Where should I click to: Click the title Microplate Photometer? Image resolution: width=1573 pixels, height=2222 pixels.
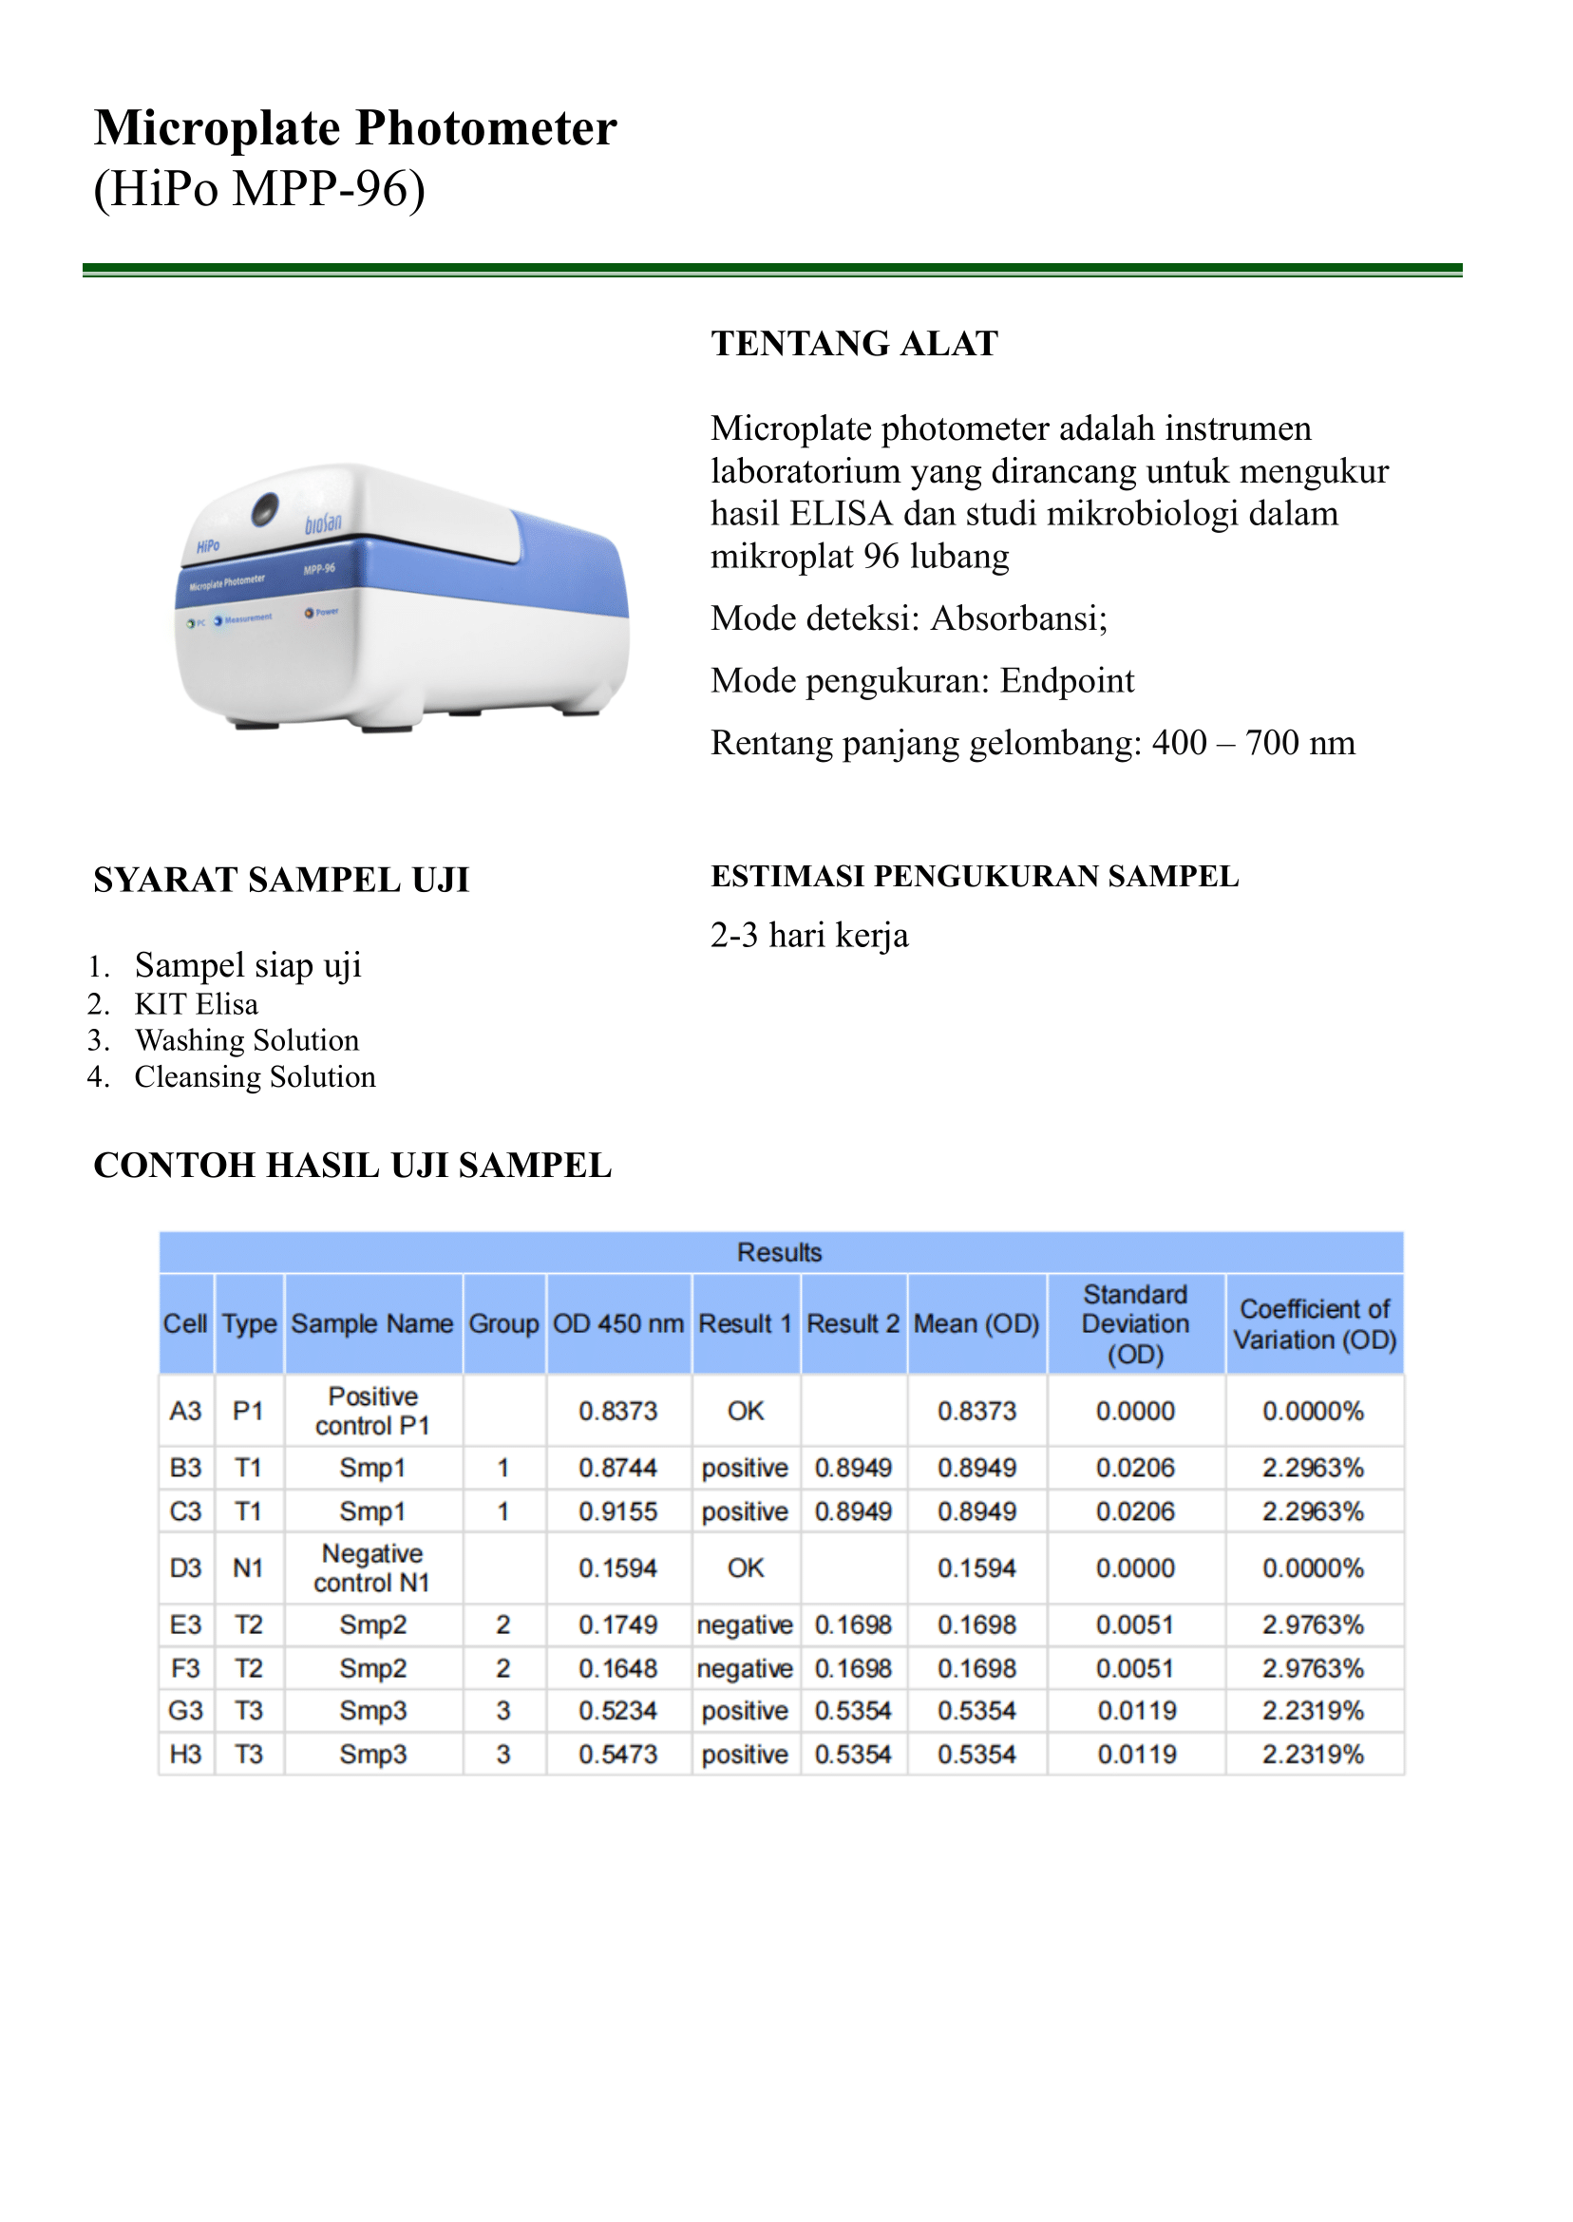pos(354,128)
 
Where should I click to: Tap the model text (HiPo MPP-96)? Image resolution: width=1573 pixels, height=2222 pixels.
pos(258,188)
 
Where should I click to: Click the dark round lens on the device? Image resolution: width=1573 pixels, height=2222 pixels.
pos(264,508)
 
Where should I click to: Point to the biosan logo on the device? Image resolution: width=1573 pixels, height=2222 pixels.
pos(323,524)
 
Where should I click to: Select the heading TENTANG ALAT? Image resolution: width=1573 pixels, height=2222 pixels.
pos(853,344)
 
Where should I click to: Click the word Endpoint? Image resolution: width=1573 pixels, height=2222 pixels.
pos(1067,681)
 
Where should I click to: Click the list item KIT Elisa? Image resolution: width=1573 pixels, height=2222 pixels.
pos(196,1003)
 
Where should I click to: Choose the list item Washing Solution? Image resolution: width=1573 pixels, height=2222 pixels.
pos(246,1040)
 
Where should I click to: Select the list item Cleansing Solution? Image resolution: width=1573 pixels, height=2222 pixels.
pos(254,1077)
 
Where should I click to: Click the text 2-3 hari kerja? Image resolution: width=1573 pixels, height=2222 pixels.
pos(808,936)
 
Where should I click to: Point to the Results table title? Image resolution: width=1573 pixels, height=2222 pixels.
pos(779,1252)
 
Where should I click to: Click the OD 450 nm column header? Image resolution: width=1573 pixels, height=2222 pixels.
pos(618,1323)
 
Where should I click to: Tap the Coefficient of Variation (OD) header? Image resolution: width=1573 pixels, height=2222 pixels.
pos(1314,1324)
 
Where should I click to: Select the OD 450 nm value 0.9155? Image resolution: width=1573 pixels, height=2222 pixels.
pos(618,1511)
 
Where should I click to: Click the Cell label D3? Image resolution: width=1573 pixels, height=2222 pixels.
pos(185,1567)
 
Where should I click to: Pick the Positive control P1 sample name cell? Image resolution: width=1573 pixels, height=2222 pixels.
pos(372,1411)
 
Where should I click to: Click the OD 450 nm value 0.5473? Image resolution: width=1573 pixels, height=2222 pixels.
pos(618,1755)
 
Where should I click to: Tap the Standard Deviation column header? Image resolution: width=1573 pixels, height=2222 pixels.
pos(1134,1323)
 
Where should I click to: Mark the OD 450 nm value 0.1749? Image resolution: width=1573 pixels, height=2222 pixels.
pos(618,1624)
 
